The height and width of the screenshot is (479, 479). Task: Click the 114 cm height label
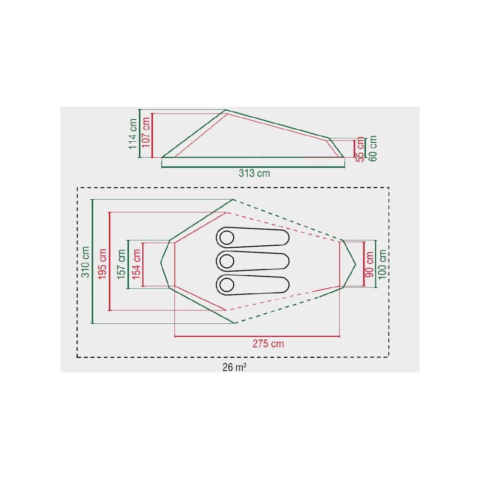click(x=133, y=134)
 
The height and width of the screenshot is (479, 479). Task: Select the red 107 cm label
click(x=146, y=132)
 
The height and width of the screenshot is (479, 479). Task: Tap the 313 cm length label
click(x=254, y=173)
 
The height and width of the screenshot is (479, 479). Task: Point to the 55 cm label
click(x=361, y=149)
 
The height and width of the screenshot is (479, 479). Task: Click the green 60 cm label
click(x=373, y=148)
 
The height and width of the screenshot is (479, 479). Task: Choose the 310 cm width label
click(x=85, y=262)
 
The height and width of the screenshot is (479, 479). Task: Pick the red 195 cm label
click(x=103, y=264)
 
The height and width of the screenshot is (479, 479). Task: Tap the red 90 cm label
click(x=370, y=264)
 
